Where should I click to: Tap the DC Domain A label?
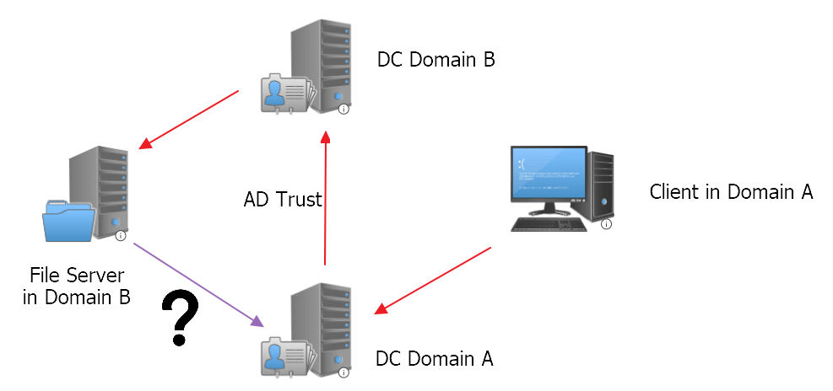pos(435,358)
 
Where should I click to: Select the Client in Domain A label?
pos(731,192)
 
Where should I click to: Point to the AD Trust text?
pos(283,200)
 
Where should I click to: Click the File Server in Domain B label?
pos(77,287)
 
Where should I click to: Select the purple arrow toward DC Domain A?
pos(199,285)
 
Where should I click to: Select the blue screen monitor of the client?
pos(549,174)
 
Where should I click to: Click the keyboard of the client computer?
pos(548,224)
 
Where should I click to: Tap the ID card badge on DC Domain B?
pos(285,93)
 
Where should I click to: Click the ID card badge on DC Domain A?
pos(285,354)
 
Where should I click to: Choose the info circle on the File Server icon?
pos(120,236)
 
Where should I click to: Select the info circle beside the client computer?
pos(606,224)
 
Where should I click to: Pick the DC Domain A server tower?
pos(318,324)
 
